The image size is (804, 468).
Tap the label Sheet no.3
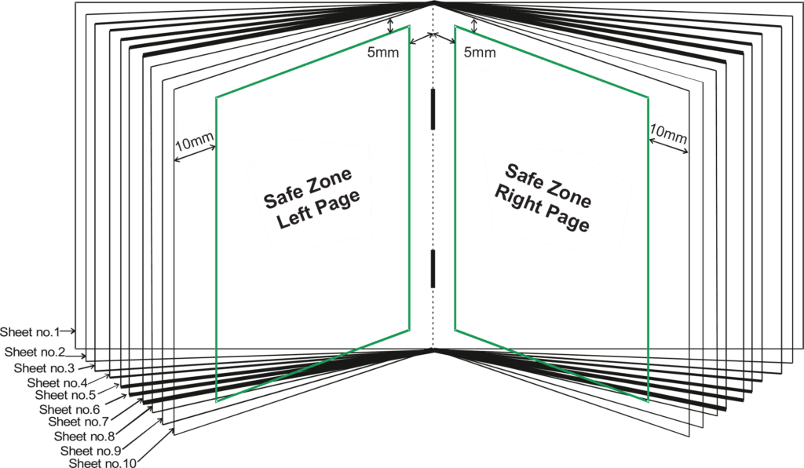[44, 367]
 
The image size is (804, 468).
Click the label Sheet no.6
[69, 409]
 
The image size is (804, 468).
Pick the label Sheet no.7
[78, 422]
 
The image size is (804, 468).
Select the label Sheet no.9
[90, 450]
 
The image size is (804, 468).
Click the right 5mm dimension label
[479, 53]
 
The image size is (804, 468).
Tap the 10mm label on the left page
[194, 141]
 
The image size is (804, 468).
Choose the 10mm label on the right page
[668, 134]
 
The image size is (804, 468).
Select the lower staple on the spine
[432, 269]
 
